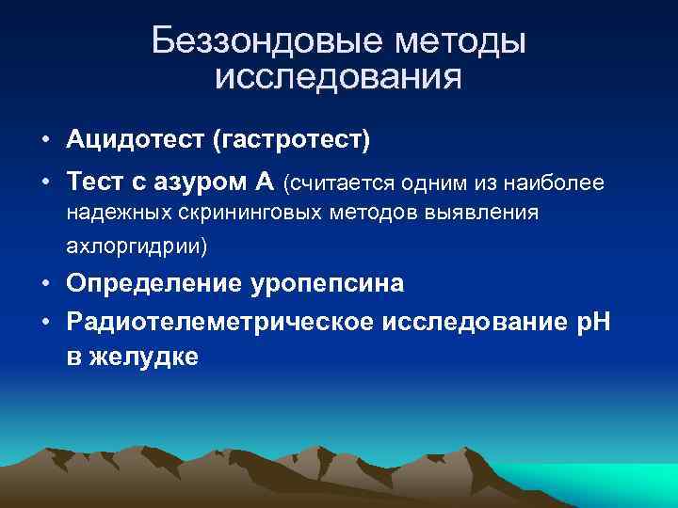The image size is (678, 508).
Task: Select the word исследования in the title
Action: (338, 77)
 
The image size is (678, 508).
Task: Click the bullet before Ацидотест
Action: (45, 140)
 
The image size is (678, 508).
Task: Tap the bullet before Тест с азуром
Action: (45, 181)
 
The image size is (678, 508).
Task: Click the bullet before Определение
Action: (45, 283)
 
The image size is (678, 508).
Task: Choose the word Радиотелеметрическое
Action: (220, 323)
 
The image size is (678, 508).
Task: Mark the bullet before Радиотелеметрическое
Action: (45, 323)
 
